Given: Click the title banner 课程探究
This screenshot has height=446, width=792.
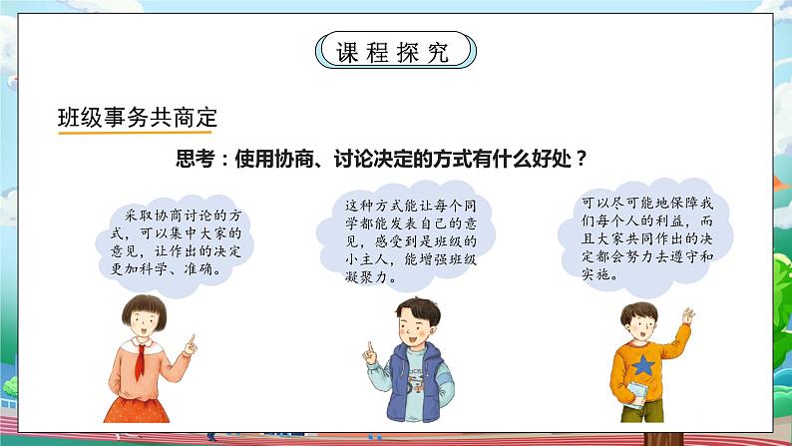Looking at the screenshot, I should [395, 49].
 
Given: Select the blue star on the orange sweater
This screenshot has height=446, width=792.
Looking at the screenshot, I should [644, 367].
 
